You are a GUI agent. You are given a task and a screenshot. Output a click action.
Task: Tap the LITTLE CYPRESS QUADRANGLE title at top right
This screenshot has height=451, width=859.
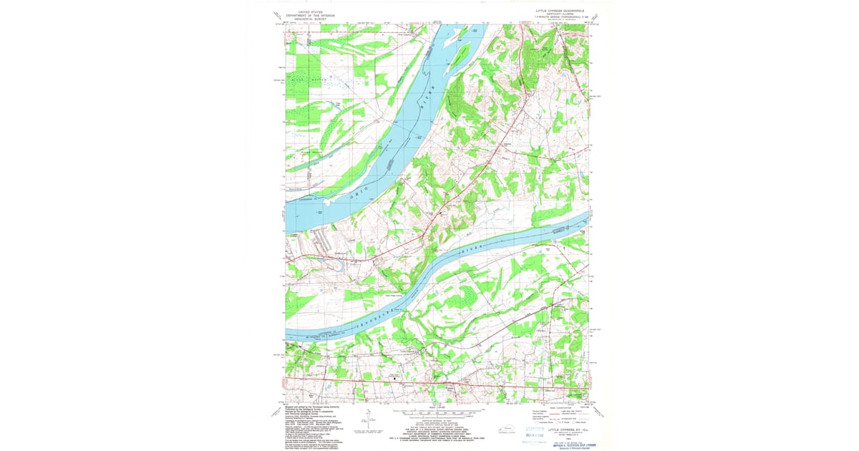(560, 11)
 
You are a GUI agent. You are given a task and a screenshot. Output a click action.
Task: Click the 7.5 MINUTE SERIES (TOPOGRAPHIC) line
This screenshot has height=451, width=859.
(560, 18)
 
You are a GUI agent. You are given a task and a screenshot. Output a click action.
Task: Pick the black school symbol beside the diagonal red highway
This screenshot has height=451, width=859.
(441, 213)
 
